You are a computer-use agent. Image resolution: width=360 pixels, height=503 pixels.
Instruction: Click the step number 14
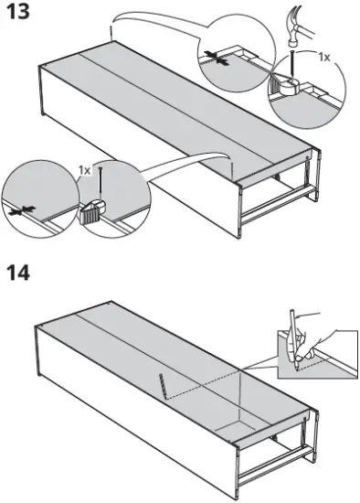click(x=19, y=273)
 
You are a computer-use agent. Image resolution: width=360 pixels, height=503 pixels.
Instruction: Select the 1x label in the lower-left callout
click(x=84, y=170)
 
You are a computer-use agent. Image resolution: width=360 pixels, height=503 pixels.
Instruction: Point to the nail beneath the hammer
click(x=289, y=67)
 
